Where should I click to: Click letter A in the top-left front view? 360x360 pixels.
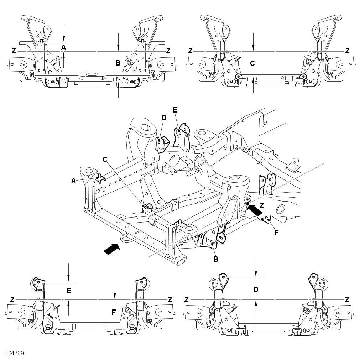[x=63, y=47]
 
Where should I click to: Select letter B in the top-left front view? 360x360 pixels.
[x=118, y=63]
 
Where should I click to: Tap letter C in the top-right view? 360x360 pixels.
[x=252, y=63]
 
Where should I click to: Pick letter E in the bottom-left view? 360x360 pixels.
[x=69, y=291]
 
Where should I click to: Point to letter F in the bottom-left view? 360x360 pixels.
[x=114, y=312]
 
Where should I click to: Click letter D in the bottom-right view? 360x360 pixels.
[x=256, y=289]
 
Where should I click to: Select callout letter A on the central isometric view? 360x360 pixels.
[x=73, y=181]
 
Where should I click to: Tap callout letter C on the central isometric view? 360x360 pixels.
[x=105, y=160]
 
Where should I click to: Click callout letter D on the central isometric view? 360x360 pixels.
[x=164, y=117]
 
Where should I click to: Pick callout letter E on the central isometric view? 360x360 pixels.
[x=175, y=110]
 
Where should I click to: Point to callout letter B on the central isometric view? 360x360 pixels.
[x=216, y=259]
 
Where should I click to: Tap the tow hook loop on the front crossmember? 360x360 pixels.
[x=126, y=238]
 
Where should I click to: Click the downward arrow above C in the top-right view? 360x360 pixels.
[x=253, y=41]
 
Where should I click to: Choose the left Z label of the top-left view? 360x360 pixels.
[x=14, y=51]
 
